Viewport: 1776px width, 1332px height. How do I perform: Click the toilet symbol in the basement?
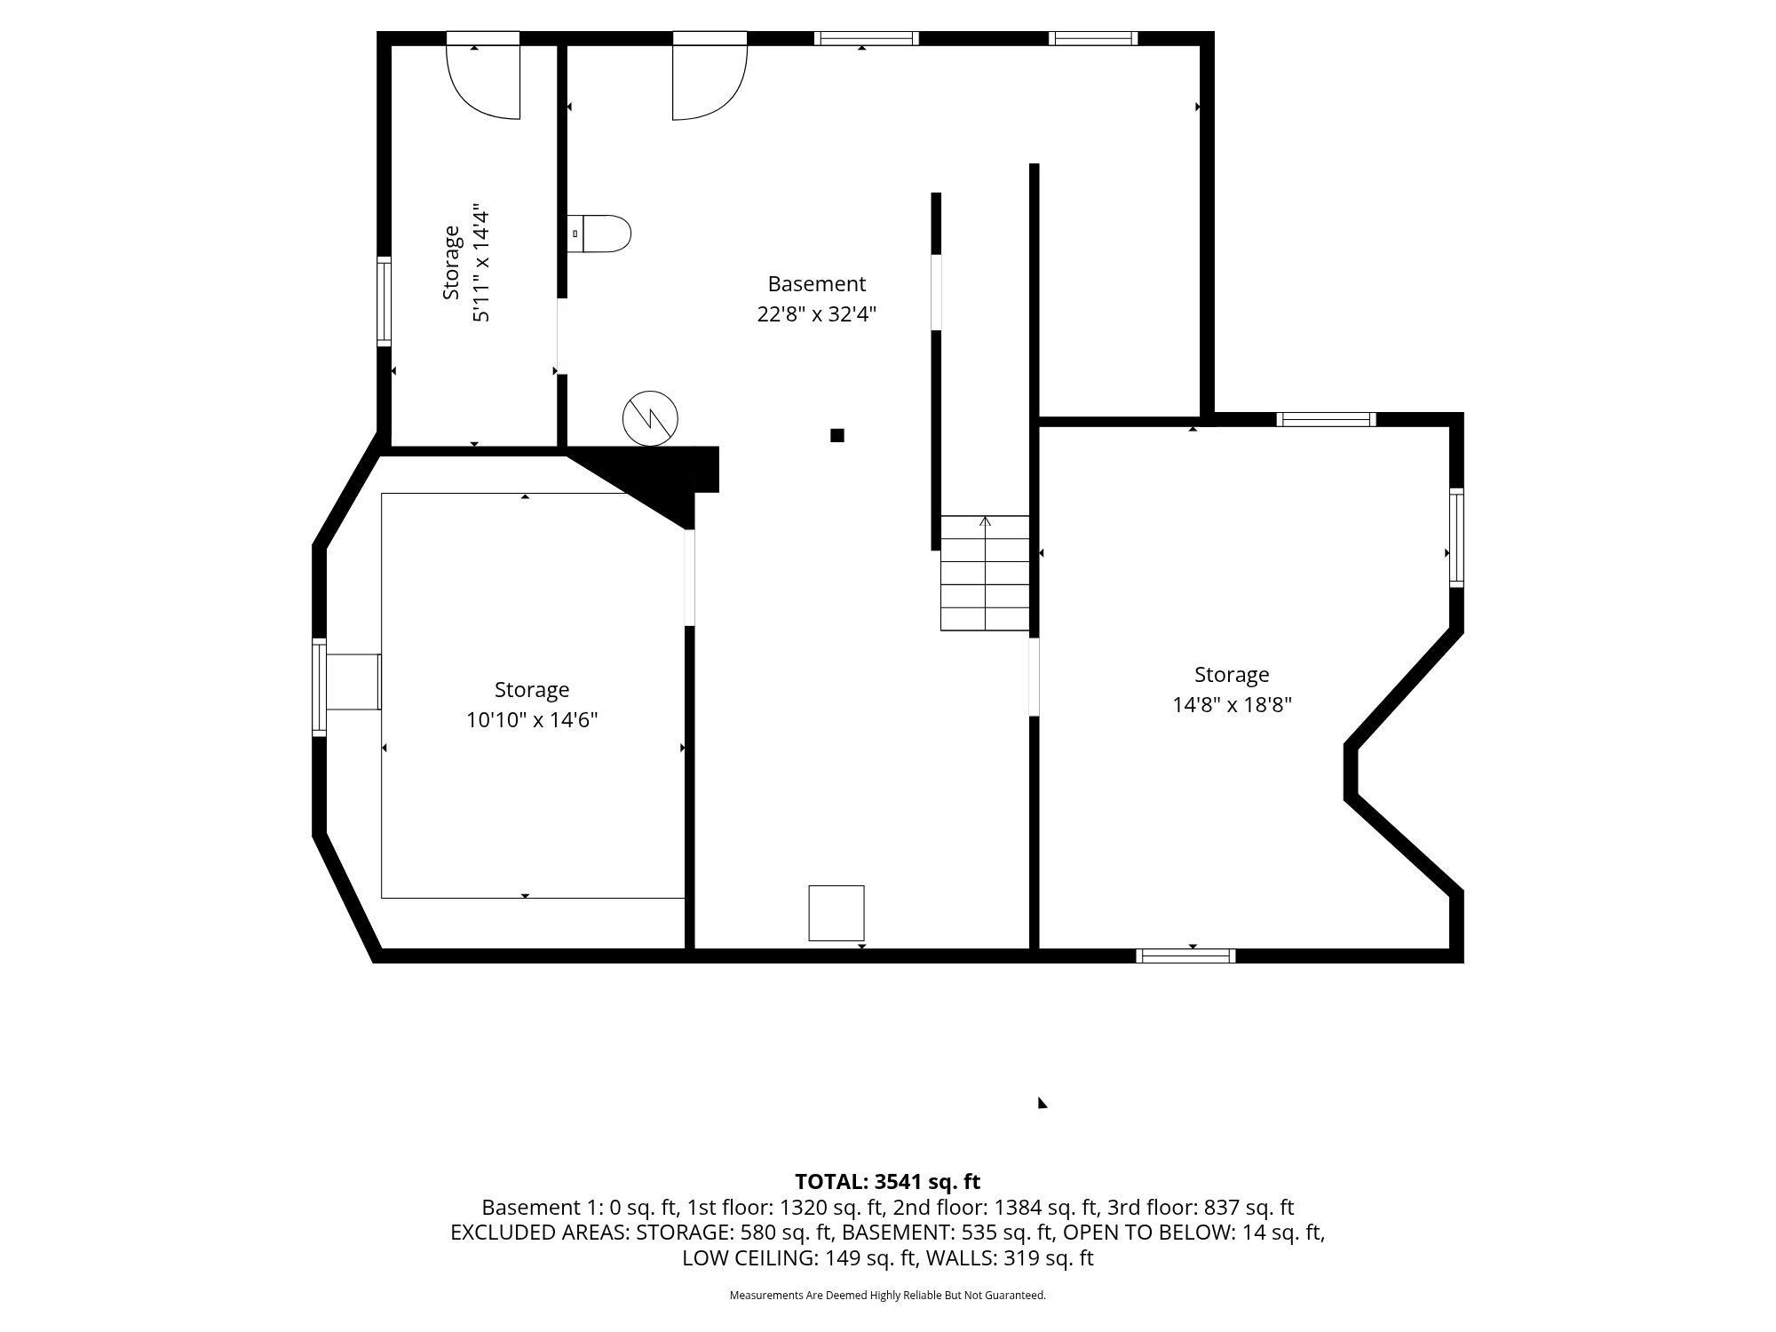click(599, 234)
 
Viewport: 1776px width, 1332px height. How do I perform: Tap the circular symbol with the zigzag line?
click(650, 417)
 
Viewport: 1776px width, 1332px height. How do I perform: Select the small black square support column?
click(836, 435)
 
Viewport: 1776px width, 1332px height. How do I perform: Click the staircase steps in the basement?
click(985, 574)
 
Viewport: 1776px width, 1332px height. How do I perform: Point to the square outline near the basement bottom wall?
click(836, 913)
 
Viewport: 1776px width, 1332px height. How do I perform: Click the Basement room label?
click(816, 284)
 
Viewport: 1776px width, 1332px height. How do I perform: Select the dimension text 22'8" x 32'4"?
click(816, 314)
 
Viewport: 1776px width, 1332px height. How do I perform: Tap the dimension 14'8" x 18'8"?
click(1232, 705)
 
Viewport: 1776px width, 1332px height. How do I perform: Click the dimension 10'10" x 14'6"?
click(532, 720)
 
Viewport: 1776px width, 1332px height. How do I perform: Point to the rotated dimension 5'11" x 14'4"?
click(480, 265)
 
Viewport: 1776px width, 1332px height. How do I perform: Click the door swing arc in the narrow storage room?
click(482, 82)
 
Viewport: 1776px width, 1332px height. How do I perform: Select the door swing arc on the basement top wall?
click(710, 82)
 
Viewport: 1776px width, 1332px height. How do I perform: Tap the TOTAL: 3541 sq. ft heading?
click(887, 1182)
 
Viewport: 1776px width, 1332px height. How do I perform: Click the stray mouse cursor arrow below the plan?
click(1043, 1103)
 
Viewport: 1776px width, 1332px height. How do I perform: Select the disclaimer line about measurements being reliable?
click(887, 1296)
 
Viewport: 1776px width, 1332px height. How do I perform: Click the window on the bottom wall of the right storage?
click(1185, 955)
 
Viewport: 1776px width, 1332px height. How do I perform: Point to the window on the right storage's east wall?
click(1456, 537)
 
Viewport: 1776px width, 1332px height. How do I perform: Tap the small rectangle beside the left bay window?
click(353, 682)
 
